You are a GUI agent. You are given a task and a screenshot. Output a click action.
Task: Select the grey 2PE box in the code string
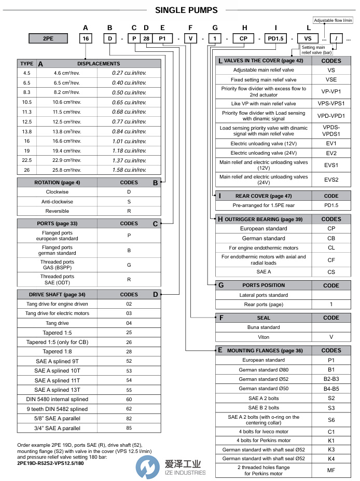[49, 38]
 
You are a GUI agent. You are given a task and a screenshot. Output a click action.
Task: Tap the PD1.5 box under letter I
[275, 38]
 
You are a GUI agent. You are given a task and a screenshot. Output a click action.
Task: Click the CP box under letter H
[244, 38]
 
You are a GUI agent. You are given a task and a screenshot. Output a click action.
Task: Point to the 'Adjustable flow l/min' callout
[333, 20]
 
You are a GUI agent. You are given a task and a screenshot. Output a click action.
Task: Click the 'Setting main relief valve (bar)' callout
[317, 50]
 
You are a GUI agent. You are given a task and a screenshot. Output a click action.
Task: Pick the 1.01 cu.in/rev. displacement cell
[129, 141]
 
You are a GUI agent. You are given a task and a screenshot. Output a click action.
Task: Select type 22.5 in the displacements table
[27, 160]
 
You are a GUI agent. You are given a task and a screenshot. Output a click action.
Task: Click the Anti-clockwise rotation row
[57, 202]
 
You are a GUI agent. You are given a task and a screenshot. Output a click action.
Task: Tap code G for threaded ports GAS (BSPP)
[129, 265]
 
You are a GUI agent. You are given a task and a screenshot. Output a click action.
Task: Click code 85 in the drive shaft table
[129, 428]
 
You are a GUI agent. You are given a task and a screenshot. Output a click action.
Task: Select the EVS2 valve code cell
[331, 180]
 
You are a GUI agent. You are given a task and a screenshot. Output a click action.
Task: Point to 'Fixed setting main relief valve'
[264, 79]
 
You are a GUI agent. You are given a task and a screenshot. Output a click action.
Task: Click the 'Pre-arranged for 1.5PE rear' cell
[264, 205]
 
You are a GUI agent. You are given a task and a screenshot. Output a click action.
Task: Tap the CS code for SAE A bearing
[331, 272]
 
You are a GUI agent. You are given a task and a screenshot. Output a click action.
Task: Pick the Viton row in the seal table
[264, 337]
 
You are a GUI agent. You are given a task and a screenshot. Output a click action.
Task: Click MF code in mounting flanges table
[331, 470]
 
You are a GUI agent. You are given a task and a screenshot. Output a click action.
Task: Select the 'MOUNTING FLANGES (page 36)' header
[264, 350]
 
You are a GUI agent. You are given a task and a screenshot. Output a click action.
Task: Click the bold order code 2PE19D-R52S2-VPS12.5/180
[50, 463]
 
